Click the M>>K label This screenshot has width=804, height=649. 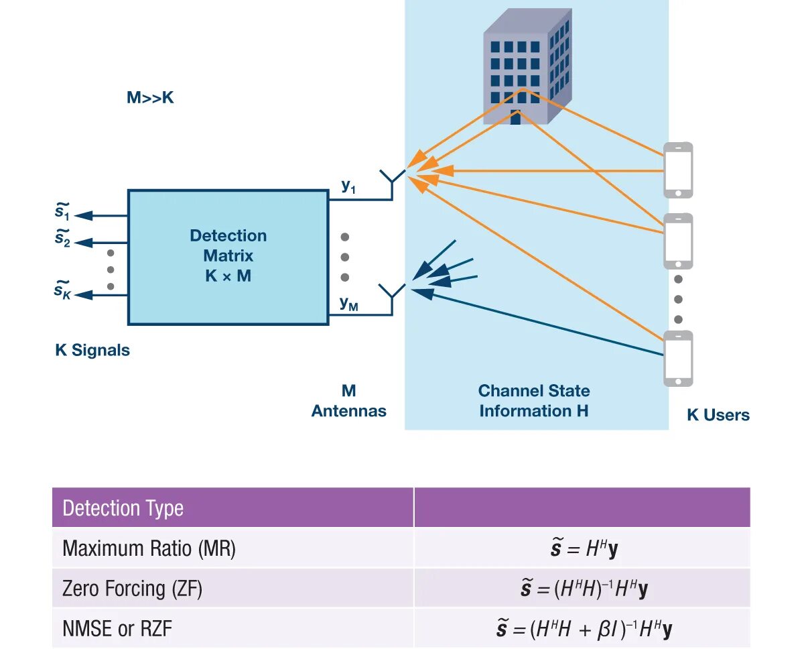(150, 98)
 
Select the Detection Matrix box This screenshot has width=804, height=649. (228, 257)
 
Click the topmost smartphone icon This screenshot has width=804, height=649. (677, 170)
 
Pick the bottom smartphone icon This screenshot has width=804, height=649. (677, 359)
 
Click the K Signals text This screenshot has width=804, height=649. (92, 350)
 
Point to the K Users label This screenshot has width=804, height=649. (718, 415)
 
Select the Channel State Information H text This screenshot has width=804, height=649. (534, 400)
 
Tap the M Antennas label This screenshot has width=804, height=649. (348, 401)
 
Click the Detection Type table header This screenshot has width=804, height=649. (123, 508)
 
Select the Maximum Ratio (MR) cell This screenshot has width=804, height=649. (149, 549)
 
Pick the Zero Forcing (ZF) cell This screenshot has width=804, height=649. (132, 589)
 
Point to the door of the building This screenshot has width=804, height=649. (515, 117)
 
